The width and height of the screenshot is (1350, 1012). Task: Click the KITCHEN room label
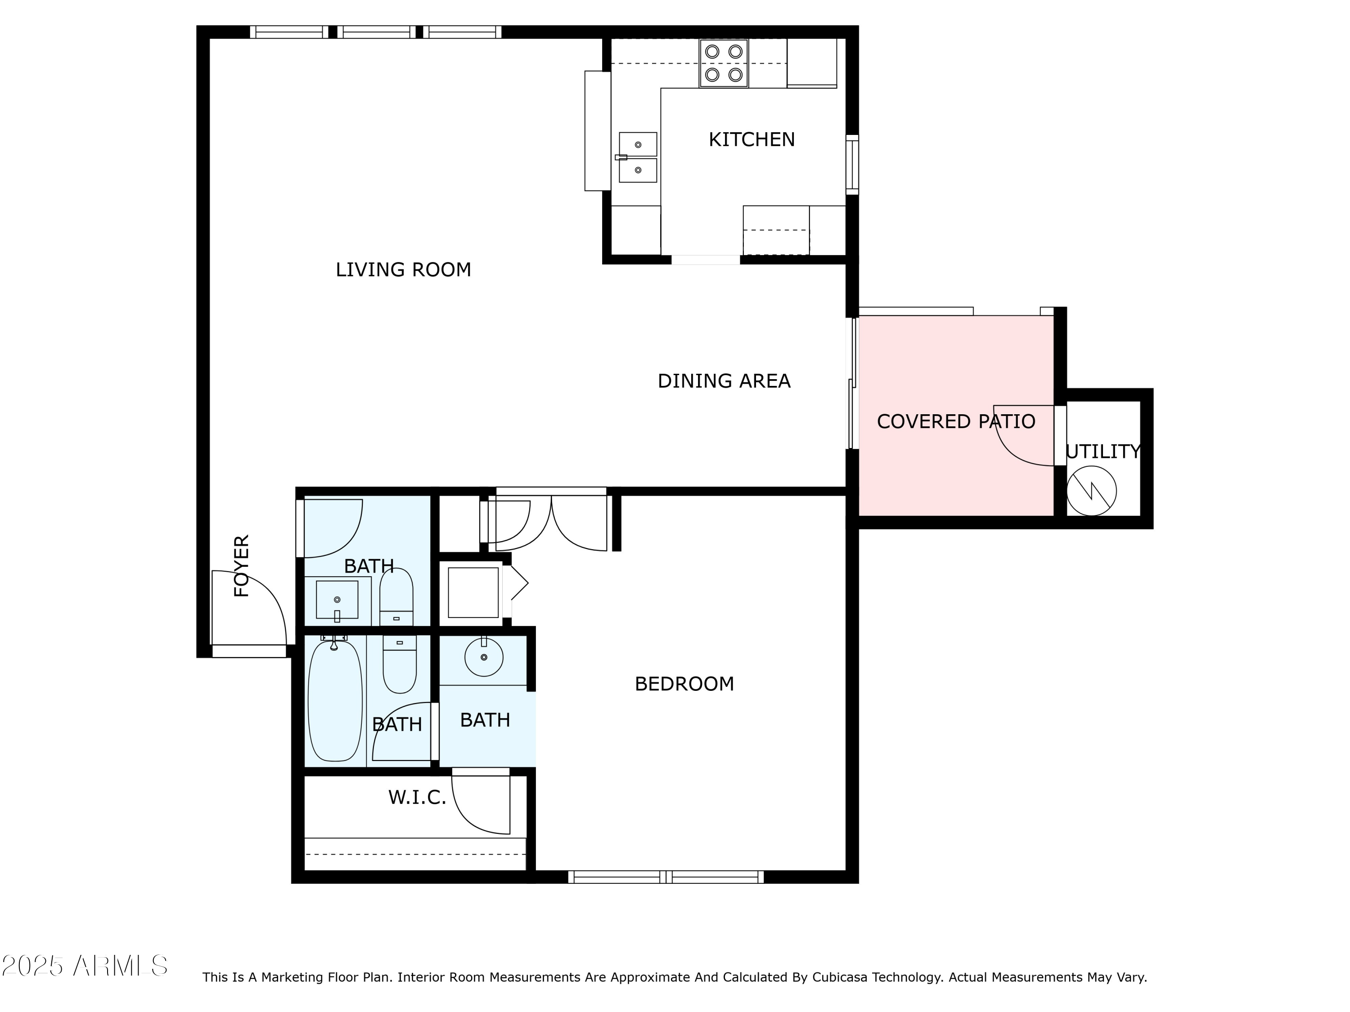point(751,140)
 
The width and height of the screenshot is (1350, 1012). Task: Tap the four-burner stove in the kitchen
point(724,63)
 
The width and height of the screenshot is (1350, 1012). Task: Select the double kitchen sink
point(638,157)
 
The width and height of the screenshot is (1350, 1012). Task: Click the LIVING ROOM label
point(403,269)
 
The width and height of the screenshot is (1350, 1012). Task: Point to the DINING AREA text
point(724,381)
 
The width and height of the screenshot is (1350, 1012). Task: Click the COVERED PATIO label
point(956,421)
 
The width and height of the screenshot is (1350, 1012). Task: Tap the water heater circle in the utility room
point(1091,491)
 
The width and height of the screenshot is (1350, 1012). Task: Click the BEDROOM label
point(684,684)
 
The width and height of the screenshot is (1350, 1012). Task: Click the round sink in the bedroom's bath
point(484,658)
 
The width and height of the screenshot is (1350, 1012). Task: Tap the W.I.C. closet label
point(418,797)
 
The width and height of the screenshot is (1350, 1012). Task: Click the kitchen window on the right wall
point(852,165)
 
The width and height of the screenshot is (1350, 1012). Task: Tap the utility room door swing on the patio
point(1024,436)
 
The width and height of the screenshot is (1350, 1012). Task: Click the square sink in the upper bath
point(337,600)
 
